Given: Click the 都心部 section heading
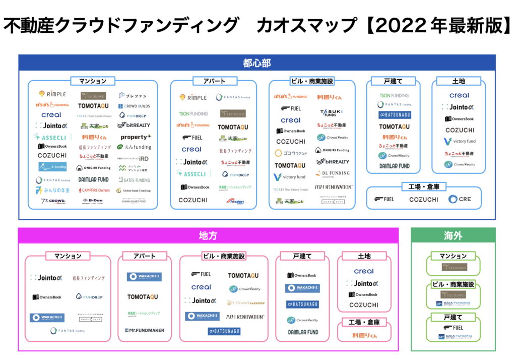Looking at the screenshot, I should [x=257, y=63].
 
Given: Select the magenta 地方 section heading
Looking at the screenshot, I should [x=208, y=236].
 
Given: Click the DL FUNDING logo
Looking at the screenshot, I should [x=333, y=173].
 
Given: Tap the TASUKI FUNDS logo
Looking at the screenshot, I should [x=331, y=112].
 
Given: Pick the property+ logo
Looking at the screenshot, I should [x=135, y=137].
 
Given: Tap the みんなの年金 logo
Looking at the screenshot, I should [x=52, y=190].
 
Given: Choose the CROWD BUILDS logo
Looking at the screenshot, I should [x=134, y=106].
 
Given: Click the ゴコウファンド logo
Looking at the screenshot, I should [x=290, y=152].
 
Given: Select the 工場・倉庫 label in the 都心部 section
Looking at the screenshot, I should [x=423, y=187].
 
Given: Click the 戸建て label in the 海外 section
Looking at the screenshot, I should [x=453, y=317].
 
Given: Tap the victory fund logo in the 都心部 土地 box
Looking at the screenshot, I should [x=459, y=141].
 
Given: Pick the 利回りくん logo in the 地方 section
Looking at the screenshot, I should [x=364, y=335].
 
